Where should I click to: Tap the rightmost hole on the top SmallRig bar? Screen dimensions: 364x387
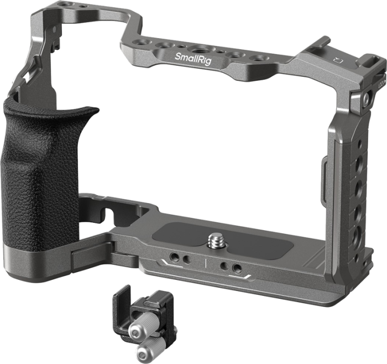258,59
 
